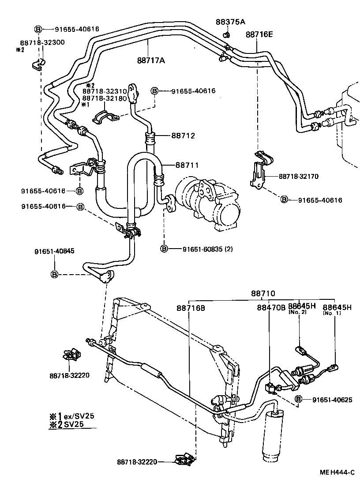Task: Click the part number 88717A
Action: click(151, 60)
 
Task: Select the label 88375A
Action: click(231, 22)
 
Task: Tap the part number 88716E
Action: click(259, 34)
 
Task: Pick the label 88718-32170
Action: click(299, 176)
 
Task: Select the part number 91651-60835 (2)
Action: click(207, 249)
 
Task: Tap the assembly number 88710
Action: click(263, 293)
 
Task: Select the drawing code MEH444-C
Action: click(337, 472)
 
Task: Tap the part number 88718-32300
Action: click(42, 42)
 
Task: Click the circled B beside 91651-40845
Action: click(55, 275)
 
